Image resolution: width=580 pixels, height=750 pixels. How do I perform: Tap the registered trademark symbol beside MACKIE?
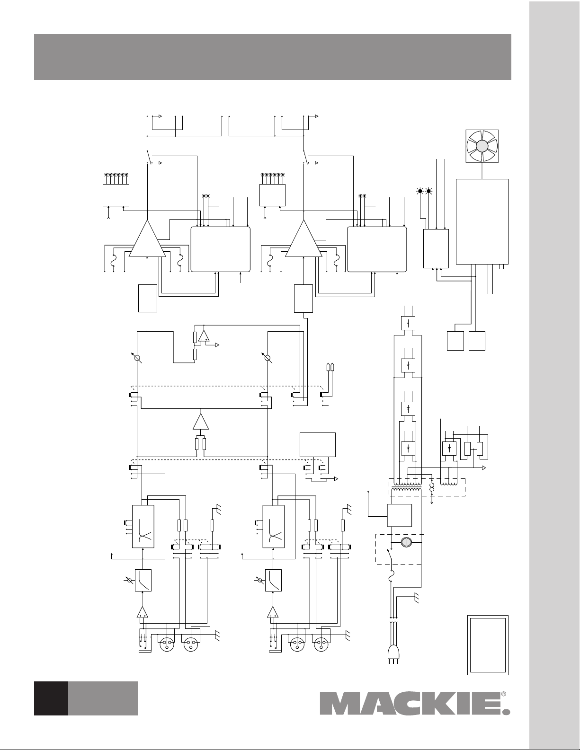point(503,694)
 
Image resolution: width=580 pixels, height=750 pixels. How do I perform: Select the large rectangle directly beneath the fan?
point(482,221)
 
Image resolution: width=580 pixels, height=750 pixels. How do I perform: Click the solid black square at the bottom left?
point(51,698)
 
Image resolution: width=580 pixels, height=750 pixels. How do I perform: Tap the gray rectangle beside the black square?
point(103,698)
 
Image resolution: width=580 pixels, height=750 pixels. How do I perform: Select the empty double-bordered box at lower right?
point(488,644)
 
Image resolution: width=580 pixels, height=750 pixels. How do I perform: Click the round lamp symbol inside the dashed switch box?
point(405,542)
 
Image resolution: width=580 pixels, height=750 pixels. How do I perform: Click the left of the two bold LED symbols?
point(419,191)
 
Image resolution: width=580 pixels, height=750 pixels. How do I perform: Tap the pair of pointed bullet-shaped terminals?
point(331,367)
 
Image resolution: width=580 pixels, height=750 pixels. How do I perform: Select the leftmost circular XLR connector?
point(167,644)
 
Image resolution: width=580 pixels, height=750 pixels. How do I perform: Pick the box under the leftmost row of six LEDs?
point(116,195)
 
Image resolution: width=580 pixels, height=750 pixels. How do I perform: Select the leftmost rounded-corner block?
point(220,249)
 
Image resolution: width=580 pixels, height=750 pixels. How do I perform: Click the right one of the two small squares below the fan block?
point(477,341)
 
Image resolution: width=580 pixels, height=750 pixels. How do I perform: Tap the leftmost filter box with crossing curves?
point(143,527)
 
